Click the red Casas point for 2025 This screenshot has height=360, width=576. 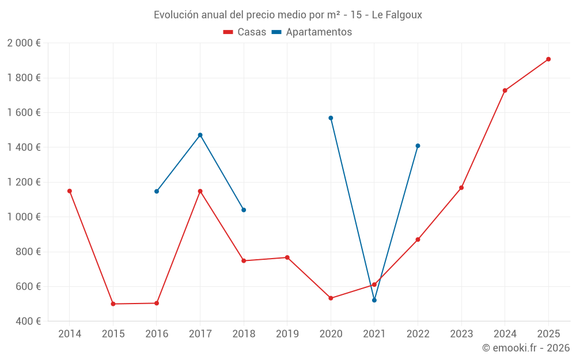[548, 59]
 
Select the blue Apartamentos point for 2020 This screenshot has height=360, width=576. [331, 118]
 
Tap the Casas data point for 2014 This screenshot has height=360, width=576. [70, 191]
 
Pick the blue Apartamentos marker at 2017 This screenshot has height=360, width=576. [200, 135]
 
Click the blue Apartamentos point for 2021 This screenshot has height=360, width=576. [374, 300]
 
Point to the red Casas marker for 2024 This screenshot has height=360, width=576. [505, 90]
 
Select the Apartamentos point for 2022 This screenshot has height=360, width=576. [418, 146]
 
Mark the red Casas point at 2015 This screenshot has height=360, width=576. [113, 304]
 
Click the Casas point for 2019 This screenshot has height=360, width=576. [287, 257]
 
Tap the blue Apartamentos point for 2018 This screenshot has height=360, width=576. [244, 210]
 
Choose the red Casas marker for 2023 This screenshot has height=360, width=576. [461, 188]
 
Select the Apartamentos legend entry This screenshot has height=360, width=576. [312, 32]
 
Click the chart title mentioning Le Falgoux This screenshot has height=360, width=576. [288, 15]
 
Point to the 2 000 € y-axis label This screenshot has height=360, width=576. [24, 43]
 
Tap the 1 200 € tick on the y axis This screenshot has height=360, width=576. [24, 182]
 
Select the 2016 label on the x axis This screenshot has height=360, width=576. [157, 334]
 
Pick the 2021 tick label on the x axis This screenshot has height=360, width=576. [374, 334]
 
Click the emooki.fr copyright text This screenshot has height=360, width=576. [525, 348]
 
